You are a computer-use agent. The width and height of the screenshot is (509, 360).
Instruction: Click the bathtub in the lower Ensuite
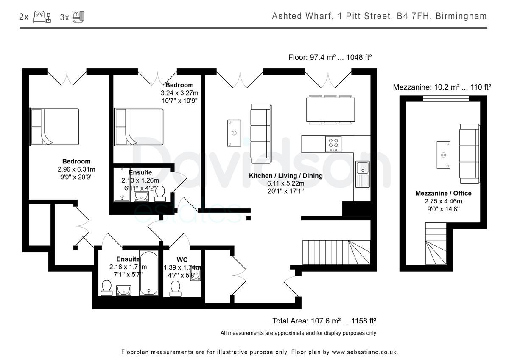(149, 273)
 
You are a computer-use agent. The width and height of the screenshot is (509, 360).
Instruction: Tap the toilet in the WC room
(175, 289)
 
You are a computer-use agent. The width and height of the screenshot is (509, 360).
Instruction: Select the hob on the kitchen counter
(333, 144)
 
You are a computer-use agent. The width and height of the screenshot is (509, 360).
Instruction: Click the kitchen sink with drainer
(362, 174)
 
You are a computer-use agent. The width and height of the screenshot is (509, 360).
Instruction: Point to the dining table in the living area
(330, 110)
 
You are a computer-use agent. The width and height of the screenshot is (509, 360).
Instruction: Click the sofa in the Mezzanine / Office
(470, 154)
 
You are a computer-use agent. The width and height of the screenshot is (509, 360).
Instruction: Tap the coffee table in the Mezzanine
(443, 155)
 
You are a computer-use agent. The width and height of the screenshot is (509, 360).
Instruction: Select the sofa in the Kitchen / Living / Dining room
(261, 134)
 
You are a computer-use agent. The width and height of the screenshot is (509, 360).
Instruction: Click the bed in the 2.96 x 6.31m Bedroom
(54, 127)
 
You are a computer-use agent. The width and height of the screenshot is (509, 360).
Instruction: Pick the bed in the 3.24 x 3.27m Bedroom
(139, 127)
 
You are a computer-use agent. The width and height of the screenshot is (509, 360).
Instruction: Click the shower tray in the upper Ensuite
(122, 184)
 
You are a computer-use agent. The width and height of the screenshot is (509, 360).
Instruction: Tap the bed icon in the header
(42, 17)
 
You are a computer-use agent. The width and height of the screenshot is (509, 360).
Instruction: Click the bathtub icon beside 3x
(78, 17)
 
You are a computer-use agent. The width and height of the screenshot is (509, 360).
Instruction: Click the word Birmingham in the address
(461, 16)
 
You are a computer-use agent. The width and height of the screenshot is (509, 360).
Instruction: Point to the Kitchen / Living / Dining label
(285, 176)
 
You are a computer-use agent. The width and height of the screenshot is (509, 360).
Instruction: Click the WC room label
(182, 259)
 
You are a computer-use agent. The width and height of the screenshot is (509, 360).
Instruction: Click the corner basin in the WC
(196, 274)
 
